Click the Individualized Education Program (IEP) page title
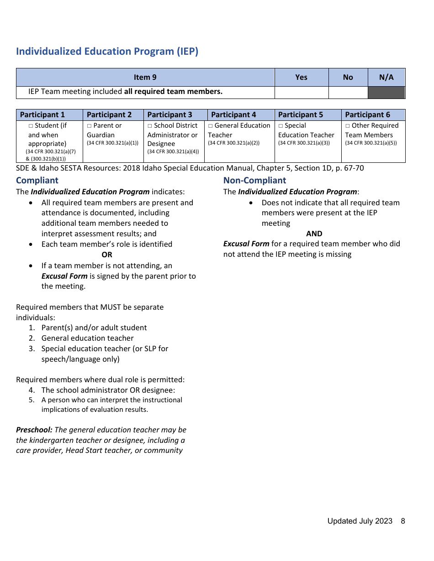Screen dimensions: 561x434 (107, 51)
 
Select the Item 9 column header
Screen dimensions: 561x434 (145, 77)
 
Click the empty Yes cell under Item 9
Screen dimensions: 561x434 (301, 92)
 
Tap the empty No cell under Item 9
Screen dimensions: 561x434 (348, 92)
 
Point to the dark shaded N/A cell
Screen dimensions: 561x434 (386, 92)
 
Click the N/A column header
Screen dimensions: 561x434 (386, 77)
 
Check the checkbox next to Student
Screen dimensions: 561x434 (31, 126)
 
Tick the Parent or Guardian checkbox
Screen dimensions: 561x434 (90, 126)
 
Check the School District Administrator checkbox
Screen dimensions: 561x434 (150, 126)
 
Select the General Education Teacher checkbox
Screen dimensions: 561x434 (211, 126)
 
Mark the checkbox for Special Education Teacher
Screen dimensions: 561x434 (281, 126)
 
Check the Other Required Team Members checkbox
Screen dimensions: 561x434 (348, 126)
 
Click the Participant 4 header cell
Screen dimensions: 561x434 (233, 114)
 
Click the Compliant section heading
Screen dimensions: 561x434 (37, 180)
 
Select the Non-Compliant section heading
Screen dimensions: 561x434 (254, 180)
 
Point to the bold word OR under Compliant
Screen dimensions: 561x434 (107, 255)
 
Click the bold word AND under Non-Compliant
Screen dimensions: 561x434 (314, 234)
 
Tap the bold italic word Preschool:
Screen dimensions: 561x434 (34, 430)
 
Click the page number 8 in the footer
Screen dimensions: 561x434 (403, 521)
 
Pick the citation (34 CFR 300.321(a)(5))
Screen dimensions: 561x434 (371, 143)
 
